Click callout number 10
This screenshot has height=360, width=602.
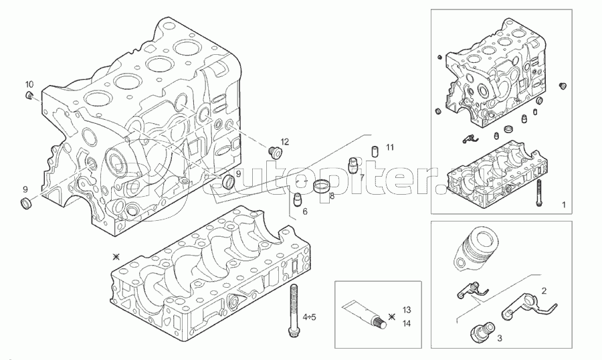pos(29,84)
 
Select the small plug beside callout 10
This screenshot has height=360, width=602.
pos(29,98)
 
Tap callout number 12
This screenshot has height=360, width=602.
pos(284,142)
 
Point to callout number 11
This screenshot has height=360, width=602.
pos(390,147)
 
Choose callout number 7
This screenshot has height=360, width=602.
pos(361,178)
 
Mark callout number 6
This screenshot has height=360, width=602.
pos(304,211)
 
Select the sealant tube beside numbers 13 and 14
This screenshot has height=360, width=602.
pos(365,315)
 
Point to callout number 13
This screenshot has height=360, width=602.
pos(407,310)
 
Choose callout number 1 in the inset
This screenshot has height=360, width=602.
pos(563,203)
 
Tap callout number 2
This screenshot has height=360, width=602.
pos(544,291)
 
